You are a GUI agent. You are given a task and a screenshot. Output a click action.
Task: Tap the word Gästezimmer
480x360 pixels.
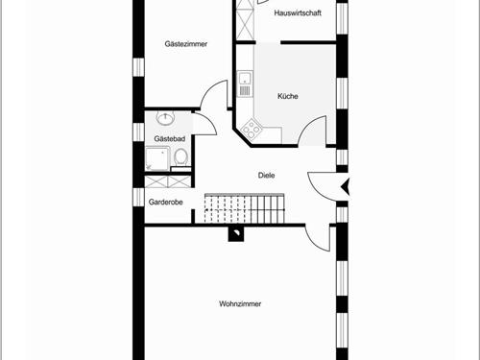tap(186, 44)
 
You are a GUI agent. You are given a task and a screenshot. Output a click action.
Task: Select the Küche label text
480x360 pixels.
tap(287, 96)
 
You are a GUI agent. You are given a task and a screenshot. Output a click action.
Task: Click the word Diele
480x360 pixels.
tap(267, 175)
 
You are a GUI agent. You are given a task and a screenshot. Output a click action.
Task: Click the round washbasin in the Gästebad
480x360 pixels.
tap(164, 119)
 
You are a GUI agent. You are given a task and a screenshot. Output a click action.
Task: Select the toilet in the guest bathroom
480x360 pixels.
tap(180, 157)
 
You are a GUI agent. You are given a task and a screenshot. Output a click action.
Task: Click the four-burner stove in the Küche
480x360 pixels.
tap(252, 126)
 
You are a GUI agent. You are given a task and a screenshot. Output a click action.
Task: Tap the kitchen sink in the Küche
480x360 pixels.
tap(245, 84)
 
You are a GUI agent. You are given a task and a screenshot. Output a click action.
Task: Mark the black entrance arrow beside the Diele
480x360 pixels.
tap(347, 186)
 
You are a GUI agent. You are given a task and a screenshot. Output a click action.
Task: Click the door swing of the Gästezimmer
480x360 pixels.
tap(214, 97)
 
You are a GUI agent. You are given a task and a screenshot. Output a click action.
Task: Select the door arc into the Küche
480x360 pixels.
tap(312, 130)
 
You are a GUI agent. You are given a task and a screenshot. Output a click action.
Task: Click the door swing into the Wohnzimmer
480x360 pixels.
tap(317, 234)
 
